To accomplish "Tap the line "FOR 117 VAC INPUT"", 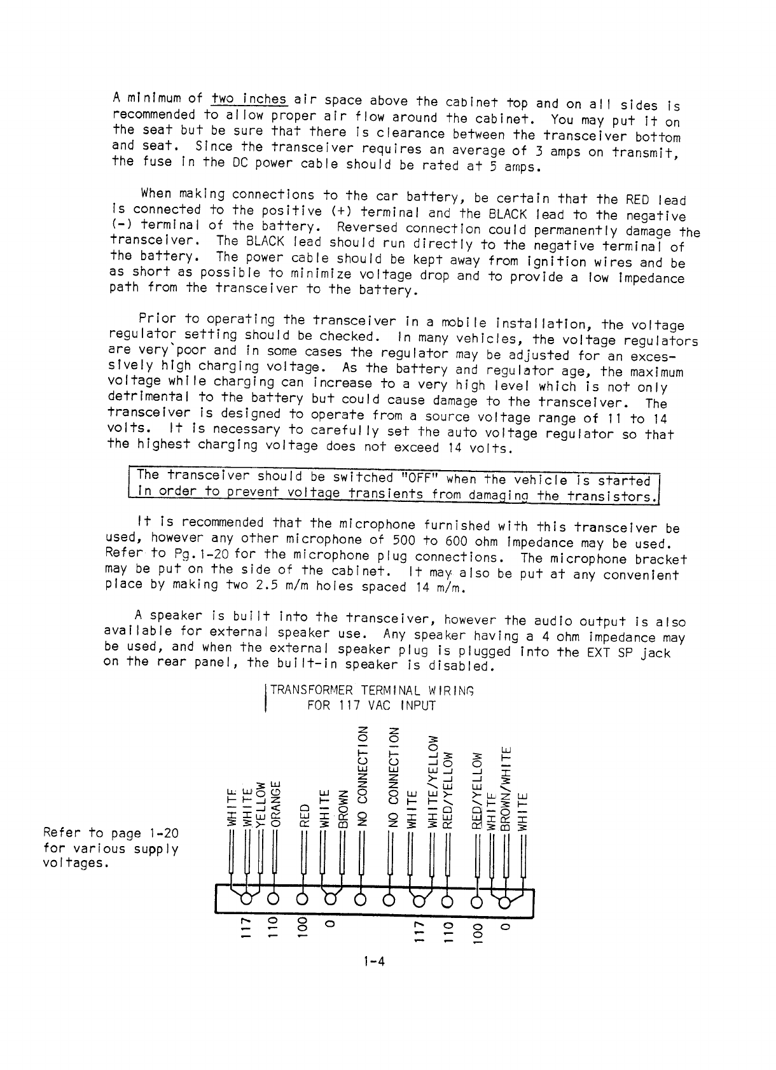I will [x=371, y=705].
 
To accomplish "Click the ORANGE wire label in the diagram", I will [x=275, y=801].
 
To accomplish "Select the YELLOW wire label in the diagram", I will [x=260, y=803].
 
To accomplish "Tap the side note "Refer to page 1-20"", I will [x=110, y=833].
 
